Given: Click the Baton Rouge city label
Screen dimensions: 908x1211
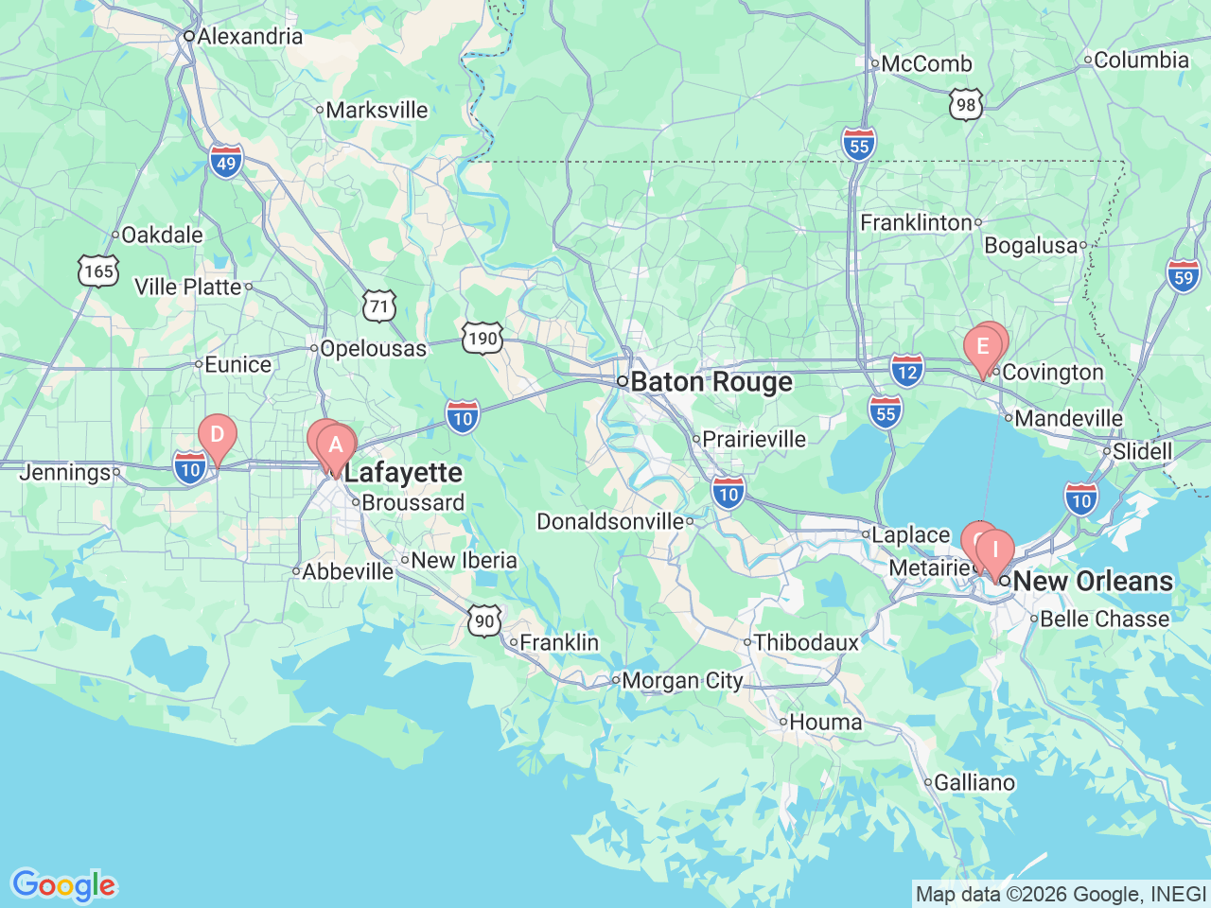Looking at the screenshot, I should click(711, 382).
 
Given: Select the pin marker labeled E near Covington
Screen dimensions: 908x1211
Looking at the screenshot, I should click(982, 347).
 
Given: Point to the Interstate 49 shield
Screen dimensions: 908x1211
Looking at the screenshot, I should click(226, 163).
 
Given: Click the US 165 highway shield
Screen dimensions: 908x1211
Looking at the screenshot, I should click(98, 271).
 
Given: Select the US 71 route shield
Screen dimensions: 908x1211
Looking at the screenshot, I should click(379, 306).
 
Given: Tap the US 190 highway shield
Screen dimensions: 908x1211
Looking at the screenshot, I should click(483, 339).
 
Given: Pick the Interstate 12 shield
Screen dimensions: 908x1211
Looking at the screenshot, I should click(906, 372).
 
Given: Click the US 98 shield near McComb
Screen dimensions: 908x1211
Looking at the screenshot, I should click(966, 105).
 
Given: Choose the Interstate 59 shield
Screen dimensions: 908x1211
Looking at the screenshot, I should click(1184, 277).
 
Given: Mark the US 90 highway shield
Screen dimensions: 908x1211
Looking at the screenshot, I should click(484, 621).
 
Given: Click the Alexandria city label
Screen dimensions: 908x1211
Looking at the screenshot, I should click(249, 36).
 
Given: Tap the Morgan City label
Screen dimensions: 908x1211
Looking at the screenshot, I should click(682, 681).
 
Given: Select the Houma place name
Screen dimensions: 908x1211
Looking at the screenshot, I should click(825, 723).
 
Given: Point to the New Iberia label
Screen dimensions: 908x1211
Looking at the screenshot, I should click(464, 561).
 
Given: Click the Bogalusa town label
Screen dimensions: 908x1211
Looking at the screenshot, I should click(1030, 246).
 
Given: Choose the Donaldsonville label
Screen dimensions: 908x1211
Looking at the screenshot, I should click(610, 522).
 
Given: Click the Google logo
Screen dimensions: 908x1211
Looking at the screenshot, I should click(63, 885).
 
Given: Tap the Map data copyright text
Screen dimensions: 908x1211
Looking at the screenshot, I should click(1061, 894).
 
